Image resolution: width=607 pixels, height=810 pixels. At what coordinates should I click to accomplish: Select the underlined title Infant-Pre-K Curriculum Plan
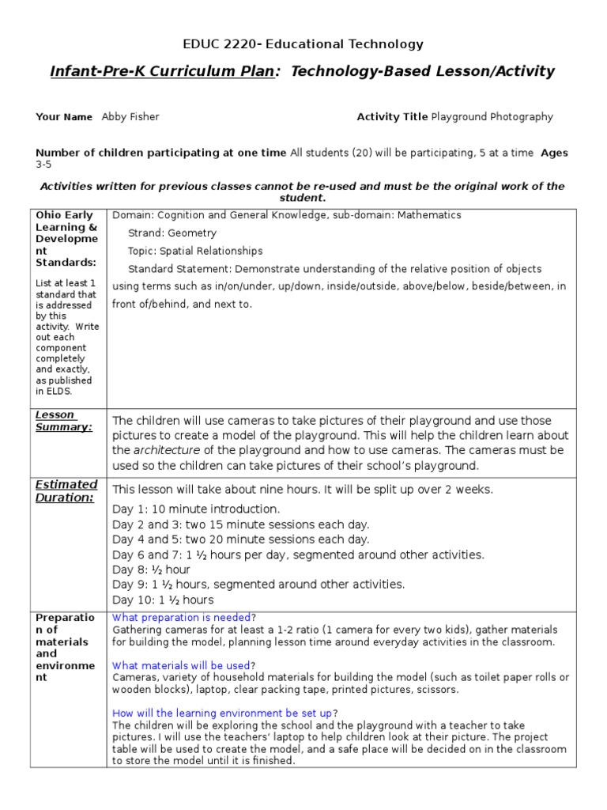pos(162,72)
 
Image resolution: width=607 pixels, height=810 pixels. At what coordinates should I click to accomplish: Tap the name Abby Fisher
pos(130,117)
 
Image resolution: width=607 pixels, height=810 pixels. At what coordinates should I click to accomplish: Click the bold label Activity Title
pos(392,117)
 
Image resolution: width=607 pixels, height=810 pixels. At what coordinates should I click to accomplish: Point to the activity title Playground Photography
pos(492,117)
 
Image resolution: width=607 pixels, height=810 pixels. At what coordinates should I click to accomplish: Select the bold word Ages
pos(554,153)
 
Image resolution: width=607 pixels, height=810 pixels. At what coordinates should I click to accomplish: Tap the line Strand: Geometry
pos(172,233)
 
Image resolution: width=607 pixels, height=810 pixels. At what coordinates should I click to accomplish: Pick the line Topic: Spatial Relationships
pos(194,251)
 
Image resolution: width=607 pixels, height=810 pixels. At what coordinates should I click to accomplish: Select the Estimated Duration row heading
pos(66,490)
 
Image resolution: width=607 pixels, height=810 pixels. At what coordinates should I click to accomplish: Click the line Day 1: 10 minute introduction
pos(196,509)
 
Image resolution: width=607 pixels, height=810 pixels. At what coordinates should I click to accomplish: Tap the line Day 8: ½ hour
pos(151,570)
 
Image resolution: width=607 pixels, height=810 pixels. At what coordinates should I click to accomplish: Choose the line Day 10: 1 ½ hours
pos(163,600)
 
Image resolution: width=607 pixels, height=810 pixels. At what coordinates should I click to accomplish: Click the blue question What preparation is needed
pos(182,617)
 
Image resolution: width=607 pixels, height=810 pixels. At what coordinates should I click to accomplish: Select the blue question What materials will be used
pos(182,665)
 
